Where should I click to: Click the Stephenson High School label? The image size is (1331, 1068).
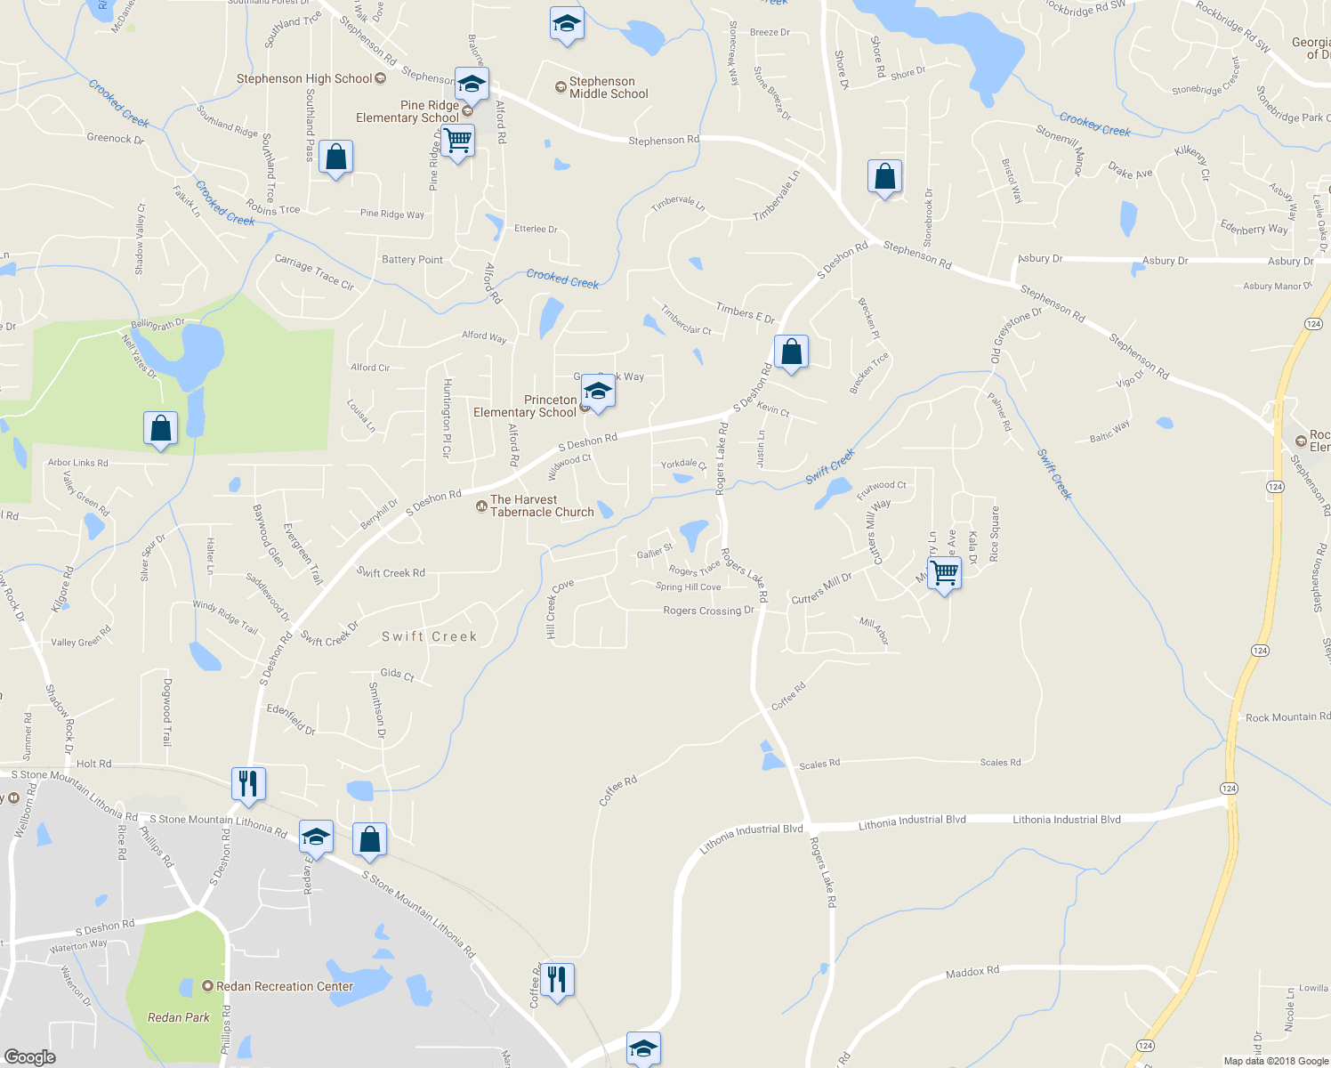click(x=304, y=79)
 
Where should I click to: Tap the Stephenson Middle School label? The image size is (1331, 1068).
click(x=609, y=87)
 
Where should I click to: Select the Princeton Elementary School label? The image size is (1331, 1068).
click(x=525, y=407)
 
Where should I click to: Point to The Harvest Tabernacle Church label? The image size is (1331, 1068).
click(x=542, y=506)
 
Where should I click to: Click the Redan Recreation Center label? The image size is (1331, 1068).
click(x=285, y=986)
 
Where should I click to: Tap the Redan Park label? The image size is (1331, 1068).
click(x=179, y=1017)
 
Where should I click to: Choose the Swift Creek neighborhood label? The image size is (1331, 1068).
click(x=430, y=636)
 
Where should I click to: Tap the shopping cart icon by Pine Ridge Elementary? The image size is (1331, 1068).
click(x=457, y=140)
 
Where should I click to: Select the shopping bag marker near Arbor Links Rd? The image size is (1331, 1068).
click(x=160, y=428)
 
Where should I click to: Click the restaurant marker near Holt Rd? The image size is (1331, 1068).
click(x=248, y=783)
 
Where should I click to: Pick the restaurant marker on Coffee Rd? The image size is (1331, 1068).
click(x=557, y=979)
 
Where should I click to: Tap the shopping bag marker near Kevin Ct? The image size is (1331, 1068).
click(x=791, y=352)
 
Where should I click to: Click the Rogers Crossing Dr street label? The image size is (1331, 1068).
click(x=708, y=611)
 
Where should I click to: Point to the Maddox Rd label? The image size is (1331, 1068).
click(x=972, y=972)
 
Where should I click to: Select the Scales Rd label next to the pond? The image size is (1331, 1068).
click(x=819, y=765)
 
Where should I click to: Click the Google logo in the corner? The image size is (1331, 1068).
click(x=30, y=1056)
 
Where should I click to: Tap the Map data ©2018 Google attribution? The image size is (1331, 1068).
click(x=1275, y=1061)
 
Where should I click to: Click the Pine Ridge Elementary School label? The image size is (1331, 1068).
click(x=408, y=111)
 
